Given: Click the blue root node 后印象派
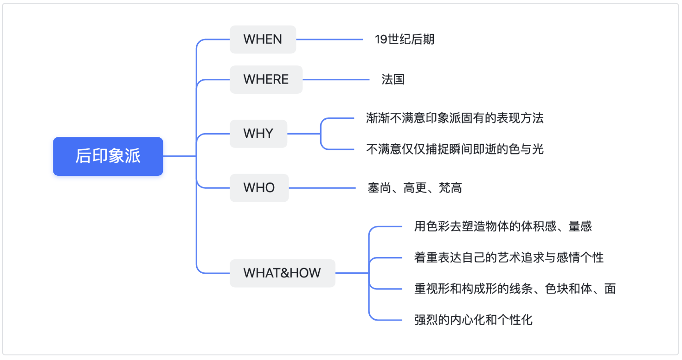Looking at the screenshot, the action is [x=108, y=156].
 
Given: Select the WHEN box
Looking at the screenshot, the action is [x=263, y=39].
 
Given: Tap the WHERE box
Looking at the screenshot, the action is [x=266, y=79].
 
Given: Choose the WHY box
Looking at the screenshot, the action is [x=258, y=134].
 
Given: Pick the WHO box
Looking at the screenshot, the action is [x=259, y=188].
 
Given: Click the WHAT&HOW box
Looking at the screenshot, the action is [x=283, y=273].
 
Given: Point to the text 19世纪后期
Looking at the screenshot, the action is [x=405, y=39].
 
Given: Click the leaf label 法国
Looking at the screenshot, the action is [x=393, y=79].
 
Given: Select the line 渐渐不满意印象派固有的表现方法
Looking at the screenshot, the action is [x=455, y=118].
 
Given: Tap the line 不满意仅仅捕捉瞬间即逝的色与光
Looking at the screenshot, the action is [x=455, y=149].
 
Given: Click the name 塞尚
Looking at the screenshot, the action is [x=379, y=188].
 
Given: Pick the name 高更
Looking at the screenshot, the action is [x=415, y=188].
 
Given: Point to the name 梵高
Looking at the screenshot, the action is [x=450, y=188].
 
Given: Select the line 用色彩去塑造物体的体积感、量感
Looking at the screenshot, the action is [x=502, y=226].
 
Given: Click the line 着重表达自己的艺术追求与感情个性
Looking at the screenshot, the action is [x=508, y=257].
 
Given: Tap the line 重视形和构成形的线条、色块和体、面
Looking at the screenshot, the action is [x=515, y=289].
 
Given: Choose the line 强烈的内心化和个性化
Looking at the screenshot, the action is [x=473, y=320].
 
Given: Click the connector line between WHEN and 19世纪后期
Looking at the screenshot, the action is [x=329, y=39].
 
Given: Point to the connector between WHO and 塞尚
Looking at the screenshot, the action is [x=322, y=188].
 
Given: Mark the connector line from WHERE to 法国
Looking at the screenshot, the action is [x=336, y=79].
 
